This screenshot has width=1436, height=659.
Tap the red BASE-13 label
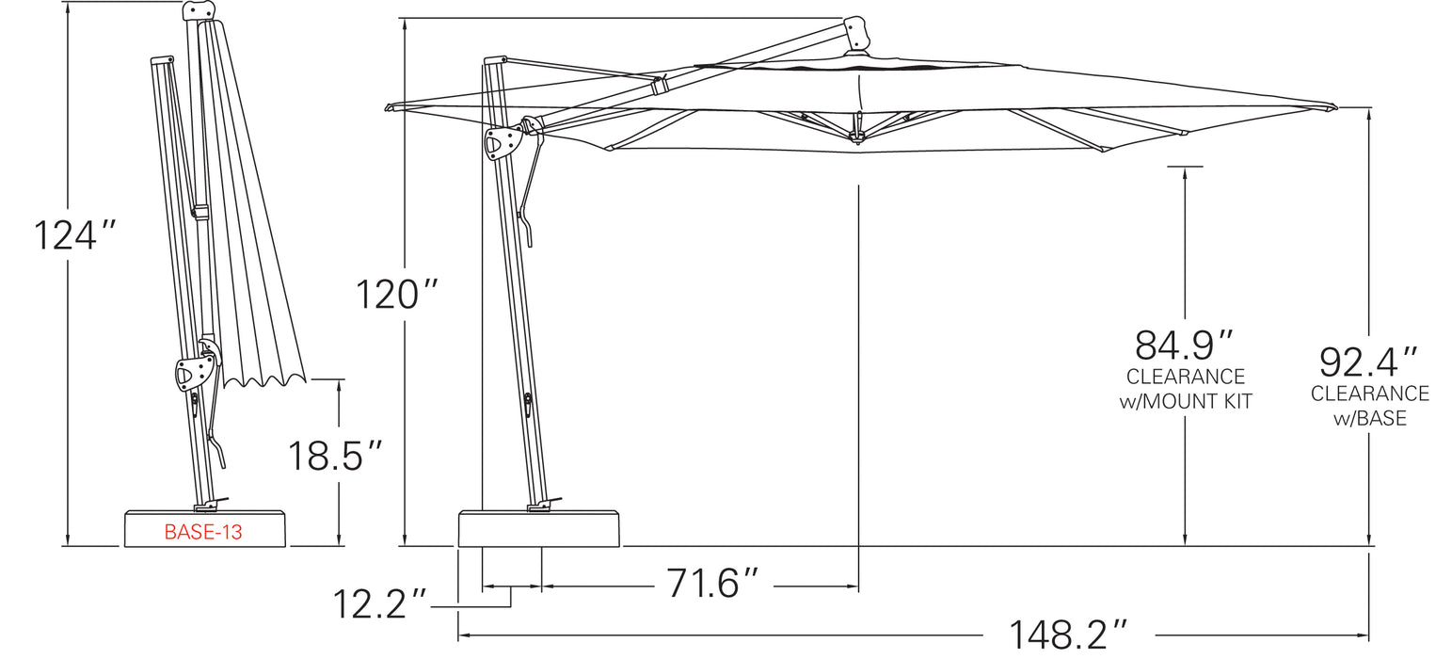click(203, 532)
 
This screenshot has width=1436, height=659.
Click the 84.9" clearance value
click(1184, 346)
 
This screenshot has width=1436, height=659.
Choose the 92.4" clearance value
click(1368, 362)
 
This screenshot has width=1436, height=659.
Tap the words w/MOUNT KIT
click(1186, 401)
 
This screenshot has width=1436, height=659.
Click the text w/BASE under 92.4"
click(1370, 418)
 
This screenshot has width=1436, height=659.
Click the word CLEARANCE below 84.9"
click(1186, 378)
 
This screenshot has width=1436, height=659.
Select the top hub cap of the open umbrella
click(856, 34)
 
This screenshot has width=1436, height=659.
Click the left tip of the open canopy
click(390, 107)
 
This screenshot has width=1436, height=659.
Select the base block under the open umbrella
click(539, 529)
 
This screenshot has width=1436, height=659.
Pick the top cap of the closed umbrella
click(199, 10)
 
